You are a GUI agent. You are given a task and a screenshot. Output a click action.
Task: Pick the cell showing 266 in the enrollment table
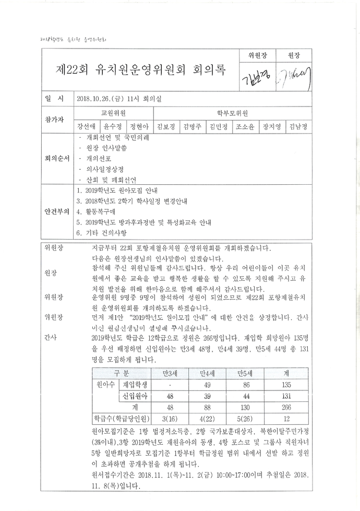point(286,407)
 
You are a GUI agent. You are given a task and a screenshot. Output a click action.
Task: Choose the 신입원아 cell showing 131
point(286,396)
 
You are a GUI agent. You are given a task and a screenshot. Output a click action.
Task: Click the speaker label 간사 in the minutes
point(50,337)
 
